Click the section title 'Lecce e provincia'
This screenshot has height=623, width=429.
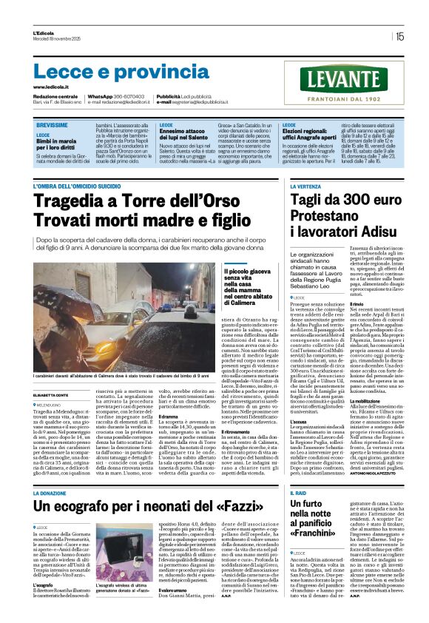122,72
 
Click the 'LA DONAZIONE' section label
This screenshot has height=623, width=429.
55,471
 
